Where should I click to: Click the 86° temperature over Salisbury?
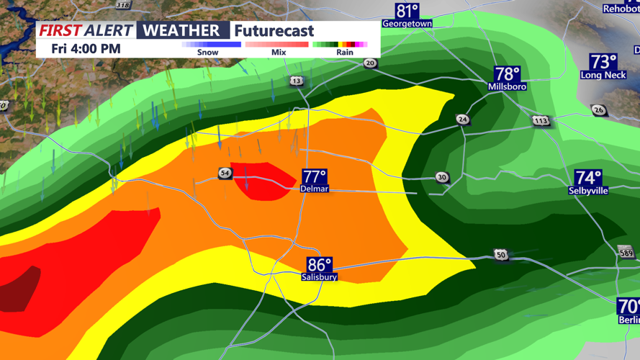point(320,265)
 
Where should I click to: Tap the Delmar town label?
point(315,189)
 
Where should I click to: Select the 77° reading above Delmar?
point(315,177)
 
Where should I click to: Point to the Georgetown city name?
point(407,24)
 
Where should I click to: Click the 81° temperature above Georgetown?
point(407,11)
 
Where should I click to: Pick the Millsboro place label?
point(507,86)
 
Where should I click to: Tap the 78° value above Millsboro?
point(507,73)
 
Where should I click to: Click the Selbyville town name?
point(588,191)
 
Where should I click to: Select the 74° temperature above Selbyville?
point(588,177)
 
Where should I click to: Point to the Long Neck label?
point(603,75)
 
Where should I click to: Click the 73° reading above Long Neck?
point(603,61)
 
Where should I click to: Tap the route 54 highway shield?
point(225,174)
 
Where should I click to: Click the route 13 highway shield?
point(297,81)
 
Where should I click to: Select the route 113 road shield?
point(541,120)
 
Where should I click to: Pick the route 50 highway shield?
point(501,255)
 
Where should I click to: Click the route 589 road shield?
point(626,251)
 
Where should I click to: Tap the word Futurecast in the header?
point(274,31)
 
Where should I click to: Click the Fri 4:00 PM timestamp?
point(86,49)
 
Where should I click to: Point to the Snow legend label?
point(207,53)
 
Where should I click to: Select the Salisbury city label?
point(320,277)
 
